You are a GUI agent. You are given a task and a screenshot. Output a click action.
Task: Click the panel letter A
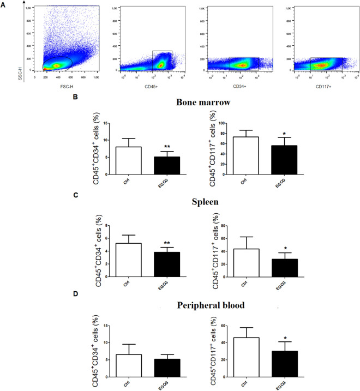pos(5,4)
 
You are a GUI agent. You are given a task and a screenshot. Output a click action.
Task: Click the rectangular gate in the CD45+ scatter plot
pos(162,60)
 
